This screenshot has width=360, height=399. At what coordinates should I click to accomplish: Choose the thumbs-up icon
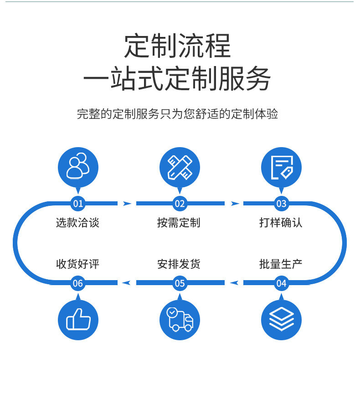[78, 320]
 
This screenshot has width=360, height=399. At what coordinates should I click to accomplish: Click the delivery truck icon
[180, 320]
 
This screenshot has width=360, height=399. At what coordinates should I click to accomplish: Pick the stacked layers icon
[281, 320]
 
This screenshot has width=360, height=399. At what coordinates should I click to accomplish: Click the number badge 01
[78, 203]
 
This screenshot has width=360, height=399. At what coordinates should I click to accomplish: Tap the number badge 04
[281, 283]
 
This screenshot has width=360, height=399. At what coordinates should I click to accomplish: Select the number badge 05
[180, 283]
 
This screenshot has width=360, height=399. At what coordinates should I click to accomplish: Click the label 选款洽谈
[77, 223]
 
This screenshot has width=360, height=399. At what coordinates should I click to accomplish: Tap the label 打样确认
[281, 223]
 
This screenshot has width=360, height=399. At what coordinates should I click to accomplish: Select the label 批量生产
[281, 264]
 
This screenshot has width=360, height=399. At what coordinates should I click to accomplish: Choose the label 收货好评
[77, 264]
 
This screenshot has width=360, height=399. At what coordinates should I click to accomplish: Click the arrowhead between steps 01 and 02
[127, 203]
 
